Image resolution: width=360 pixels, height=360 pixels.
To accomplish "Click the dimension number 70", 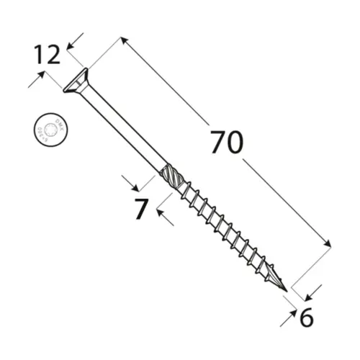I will [x=228, y=143].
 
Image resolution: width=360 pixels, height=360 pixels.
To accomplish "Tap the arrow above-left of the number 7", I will [x=127, y=180].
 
